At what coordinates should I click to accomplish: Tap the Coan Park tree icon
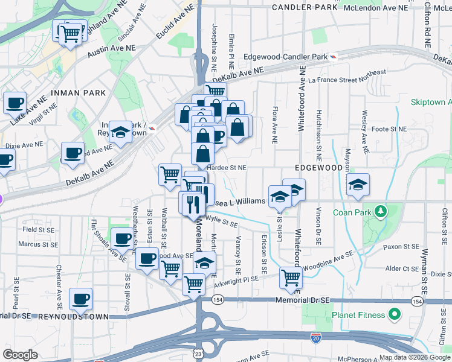point(381,212)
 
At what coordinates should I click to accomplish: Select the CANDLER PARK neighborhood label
point(305,7)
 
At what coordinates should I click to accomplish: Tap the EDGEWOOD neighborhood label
point(314,167)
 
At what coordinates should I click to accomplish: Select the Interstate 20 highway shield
point(315,338)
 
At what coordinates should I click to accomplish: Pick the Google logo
point(20,355)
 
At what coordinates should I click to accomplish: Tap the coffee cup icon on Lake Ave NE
point(15,103)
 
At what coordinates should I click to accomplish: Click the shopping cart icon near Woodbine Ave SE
point(291,278)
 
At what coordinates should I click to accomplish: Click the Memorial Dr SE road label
point(302,300)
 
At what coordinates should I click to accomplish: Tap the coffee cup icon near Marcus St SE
point(123,239)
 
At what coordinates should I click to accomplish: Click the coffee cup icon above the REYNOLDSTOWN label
point(80,298)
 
